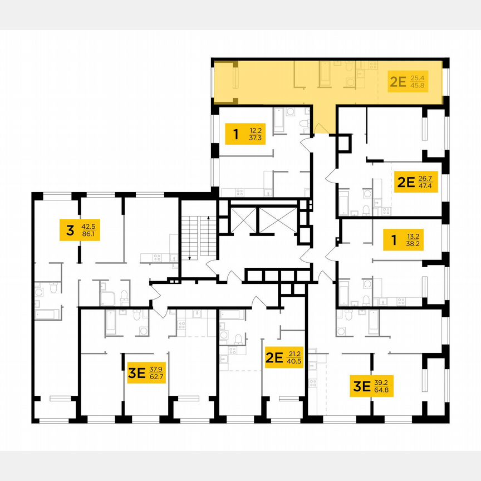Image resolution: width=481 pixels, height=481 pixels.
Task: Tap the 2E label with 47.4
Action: pos(416,181)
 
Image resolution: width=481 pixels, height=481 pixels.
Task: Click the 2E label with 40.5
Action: pos(283,357)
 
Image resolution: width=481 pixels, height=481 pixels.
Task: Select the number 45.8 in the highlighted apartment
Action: pos(418,86)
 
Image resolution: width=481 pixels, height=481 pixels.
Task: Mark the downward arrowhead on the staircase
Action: pos(190,258)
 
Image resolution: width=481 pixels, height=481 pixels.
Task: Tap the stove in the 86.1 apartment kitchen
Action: pos(158,257)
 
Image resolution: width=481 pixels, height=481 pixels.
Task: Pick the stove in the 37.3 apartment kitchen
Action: pos(240,192)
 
